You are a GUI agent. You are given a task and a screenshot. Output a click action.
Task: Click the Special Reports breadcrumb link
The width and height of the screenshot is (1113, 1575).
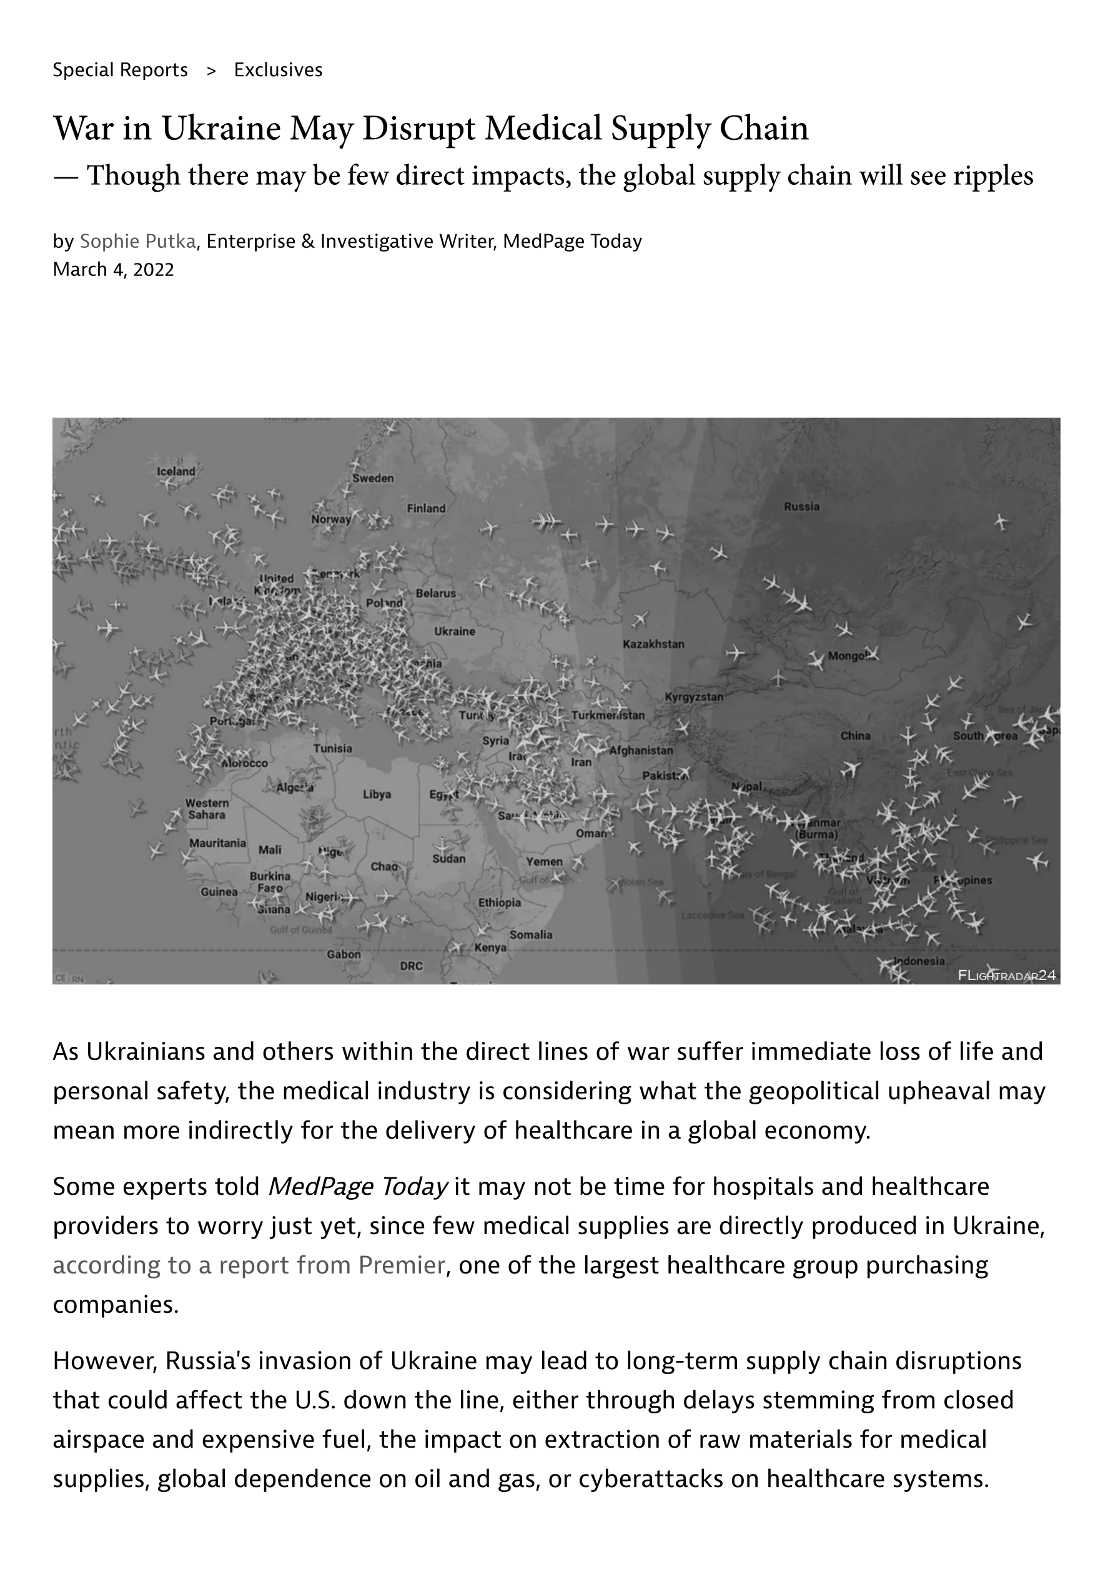point(120,70)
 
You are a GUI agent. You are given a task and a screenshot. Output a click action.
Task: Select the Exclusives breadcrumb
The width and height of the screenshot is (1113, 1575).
point(278,70)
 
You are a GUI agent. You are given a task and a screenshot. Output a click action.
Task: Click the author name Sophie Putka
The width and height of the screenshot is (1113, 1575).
point(138,242)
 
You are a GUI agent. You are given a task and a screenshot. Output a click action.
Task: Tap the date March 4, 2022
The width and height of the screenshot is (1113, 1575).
point(113,270)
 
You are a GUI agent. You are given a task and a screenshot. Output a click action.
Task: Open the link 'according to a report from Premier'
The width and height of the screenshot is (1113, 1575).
point(249,1265)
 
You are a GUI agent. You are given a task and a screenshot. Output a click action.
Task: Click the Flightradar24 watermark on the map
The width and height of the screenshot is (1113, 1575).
point(1007,976)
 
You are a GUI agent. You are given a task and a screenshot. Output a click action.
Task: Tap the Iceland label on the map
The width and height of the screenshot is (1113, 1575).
point(176,471)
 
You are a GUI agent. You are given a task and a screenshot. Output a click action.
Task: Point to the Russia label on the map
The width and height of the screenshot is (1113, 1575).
point(801,507)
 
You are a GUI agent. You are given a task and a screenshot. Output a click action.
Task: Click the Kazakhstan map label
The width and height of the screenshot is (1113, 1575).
point(653,644)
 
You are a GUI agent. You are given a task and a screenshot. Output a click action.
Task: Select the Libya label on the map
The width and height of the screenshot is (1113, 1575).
point(377,794)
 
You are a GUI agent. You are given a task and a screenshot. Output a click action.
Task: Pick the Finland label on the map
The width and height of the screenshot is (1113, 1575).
point(426,508)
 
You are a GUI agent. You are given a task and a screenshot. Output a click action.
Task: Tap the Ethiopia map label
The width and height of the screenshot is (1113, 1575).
point(500,903)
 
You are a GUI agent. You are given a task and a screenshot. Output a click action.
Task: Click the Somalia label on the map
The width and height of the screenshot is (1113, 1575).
point(530,935)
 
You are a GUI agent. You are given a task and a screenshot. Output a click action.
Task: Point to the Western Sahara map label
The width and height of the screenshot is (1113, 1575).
point(207,809)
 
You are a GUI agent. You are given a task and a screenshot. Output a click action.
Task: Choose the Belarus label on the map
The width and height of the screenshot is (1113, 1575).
point(436,594)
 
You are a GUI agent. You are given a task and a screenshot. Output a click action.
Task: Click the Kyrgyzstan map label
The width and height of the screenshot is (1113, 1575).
point(694,697)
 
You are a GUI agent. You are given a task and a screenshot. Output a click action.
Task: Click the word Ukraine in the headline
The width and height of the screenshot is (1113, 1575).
point(221,129)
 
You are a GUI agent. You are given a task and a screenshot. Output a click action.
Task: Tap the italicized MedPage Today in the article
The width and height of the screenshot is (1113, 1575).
point(357,1186)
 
